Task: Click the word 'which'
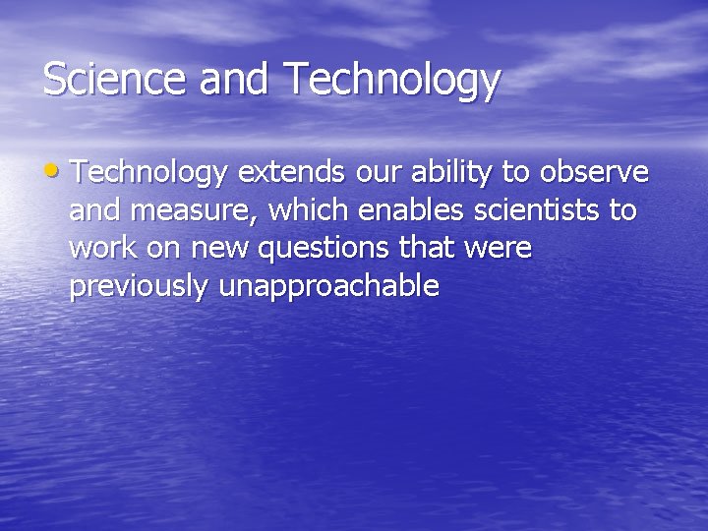pos(308,210)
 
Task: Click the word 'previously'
pos(140,288)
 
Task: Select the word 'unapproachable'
pos(328,288)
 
